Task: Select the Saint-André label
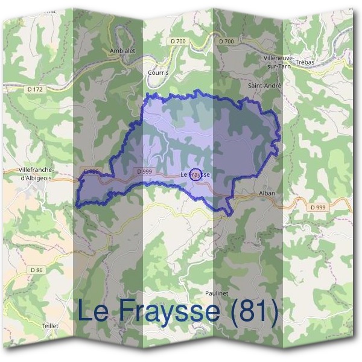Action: [x=265, y=86]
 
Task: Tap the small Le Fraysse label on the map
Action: [x=195, y=175]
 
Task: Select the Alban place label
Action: [x=267, y=193]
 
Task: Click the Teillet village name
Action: [x=50, y=325]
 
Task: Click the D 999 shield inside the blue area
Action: [x=144, y=171]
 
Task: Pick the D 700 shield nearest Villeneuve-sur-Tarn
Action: [x=227, y=41]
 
